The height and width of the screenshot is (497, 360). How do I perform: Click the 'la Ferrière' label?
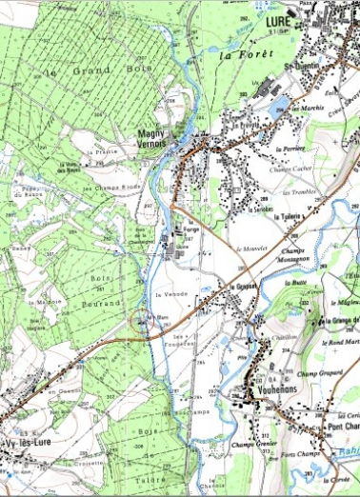pyautogui.click(x=287, y=149)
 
